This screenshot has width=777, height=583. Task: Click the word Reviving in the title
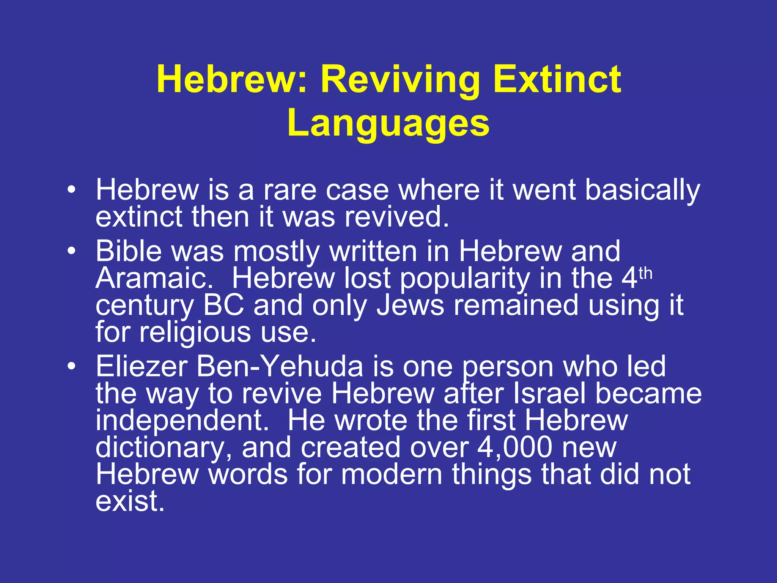[x=400, y=80]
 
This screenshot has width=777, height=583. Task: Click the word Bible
[x=128, y=251]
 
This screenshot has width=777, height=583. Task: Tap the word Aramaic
[x=154, y=278]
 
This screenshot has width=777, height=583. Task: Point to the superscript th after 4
[x=645, y=273]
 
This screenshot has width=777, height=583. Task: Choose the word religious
[x=195, y=332]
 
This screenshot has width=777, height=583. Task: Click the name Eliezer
[x=142, y=367]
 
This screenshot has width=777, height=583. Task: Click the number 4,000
[x=514, y=447]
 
